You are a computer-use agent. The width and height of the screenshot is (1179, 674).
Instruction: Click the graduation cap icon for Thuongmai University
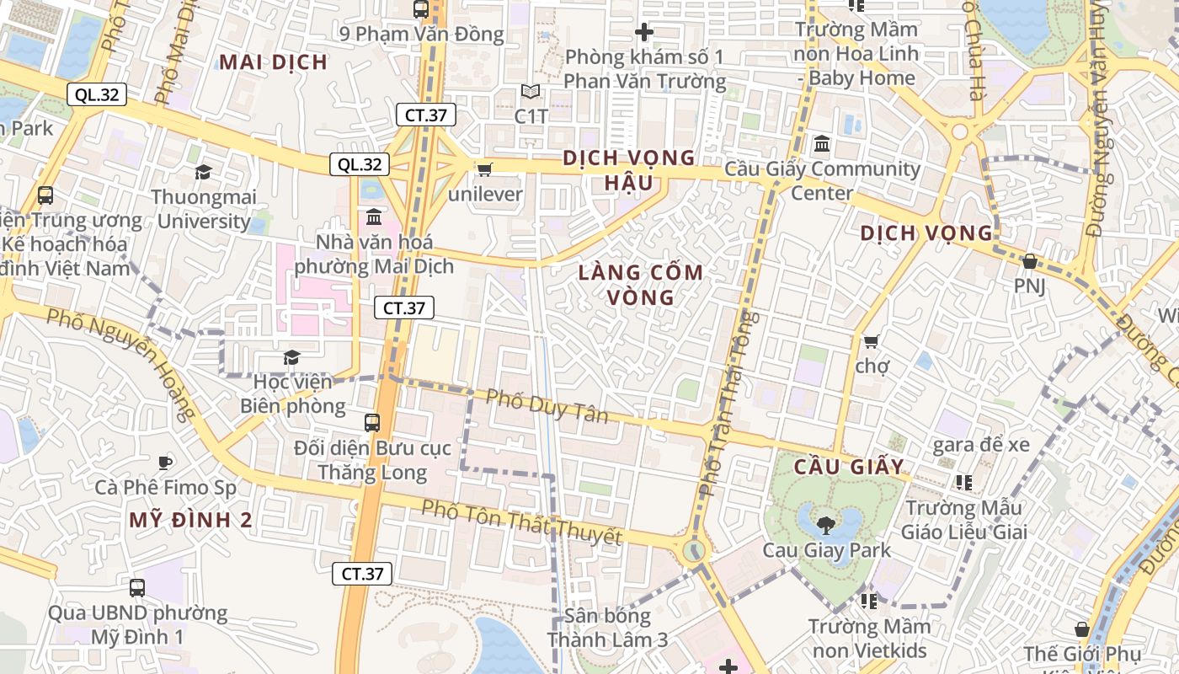tap(203, 173)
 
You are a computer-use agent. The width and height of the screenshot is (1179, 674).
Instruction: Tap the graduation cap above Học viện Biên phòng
tap(291, 358)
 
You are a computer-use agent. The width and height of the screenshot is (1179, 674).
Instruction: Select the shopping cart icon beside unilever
tap(484, 170)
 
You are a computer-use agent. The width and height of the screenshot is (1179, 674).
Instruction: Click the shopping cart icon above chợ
tap(872, 341)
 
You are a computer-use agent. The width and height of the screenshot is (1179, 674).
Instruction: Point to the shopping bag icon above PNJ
tap(1029, 261)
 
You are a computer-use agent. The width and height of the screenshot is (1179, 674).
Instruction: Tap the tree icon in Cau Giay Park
tap(825, 525)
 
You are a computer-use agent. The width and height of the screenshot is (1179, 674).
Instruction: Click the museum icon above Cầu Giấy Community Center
tap(822, 144)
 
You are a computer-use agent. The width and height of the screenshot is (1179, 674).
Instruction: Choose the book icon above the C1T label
tap(531, 91)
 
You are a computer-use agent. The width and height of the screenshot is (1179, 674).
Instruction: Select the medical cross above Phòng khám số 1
tap(644, 33)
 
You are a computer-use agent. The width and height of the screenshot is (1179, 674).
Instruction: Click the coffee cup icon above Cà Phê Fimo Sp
tap(165, 463)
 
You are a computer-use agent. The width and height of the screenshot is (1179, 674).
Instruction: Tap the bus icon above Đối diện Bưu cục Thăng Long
tap(372, 422)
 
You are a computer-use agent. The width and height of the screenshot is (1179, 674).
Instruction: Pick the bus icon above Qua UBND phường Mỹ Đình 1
tap(137, 587)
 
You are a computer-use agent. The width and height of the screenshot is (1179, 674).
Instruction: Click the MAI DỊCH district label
tap(273, 62)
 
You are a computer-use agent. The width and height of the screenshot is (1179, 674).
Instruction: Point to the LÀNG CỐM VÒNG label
tap(641, 285)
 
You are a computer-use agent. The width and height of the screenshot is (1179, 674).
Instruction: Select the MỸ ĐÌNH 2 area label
tap(190, 520)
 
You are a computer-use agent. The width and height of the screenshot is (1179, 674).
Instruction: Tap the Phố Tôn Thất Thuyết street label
tap(521, 522)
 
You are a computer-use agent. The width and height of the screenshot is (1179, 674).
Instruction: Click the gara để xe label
tap(980, 444)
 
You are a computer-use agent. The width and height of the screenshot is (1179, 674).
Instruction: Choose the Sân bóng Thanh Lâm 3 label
tap(607, 628)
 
